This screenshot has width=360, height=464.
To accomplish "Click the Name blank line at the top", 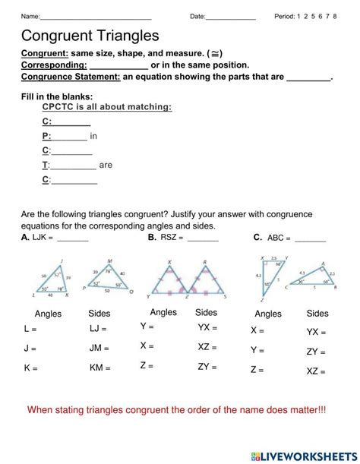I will click(95, 17).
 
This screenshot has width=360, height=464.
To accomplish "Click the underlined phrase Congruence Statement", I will click(71, 77).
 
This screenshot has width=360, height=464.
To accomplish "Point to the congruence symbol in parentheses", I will click(215, 55).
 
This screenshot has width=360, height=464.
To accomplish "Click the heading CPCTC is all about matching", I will click(107, 107).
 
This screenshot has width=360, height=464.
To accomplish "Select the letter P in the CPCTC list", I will click(46, 137).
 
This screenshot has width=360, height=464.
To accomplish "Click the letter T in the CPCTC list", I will click(46, 165).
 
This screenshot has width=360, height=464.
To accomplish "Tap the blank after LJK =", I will click(73, 238).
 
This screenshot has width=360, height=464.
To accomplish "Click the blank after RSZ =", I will click(202, 238).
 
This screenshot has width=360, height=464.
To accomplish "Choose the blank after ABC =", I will click(310, 238).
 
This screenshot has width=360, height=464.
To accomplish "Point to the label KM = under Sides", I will click(99, 368).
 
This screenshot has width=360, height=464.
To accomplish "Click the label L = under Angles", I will click(30, 330).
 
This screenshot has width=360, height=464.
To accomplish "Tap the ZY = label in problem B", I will click(207, 366).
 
